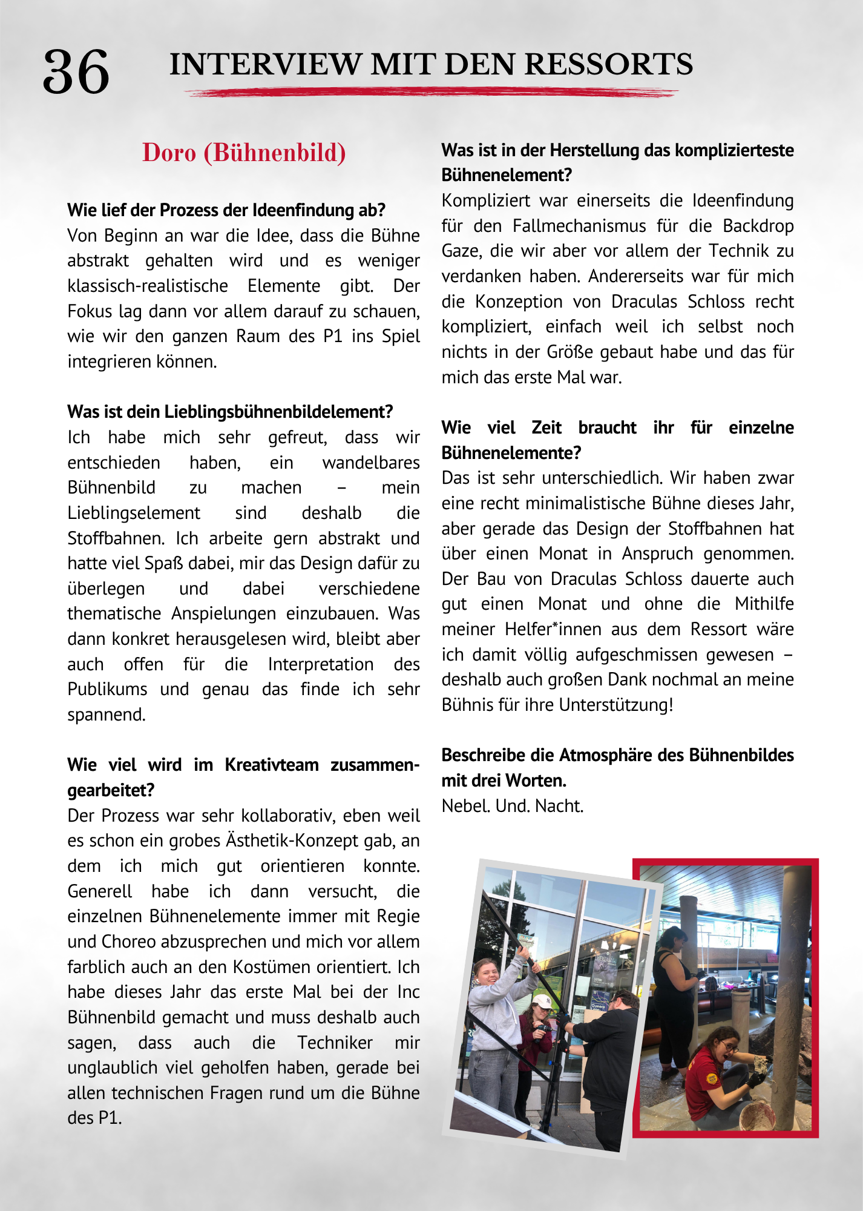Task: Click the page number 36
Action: pos(76,72)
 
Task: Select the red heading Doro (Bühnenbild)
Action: pos(244,153)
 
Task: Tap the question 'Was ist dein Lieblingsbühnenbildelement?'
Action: pos(230,412)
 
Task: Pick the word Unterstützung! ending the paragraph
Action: pos(615,705)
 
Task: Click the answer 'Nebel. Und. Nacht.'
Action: pos(512,806)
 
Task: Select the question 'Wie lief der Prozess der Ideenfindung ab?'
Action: pos(226,210)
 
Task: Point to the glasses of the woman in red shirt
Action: pos(730,1048)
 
